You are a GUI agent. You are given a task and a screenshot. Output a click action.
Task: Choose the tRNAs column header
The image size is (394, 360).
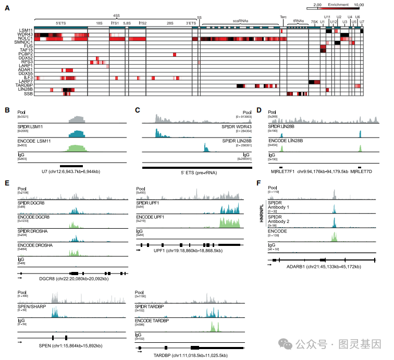[x=298, y=20]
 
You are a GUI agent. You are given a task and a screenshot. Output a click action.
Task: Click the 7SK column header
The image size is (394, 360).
[x=314, y=22]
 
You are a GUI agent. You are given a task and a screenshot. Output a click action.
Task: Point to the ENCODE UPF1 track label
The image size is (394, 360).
[x=150, y=217]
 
